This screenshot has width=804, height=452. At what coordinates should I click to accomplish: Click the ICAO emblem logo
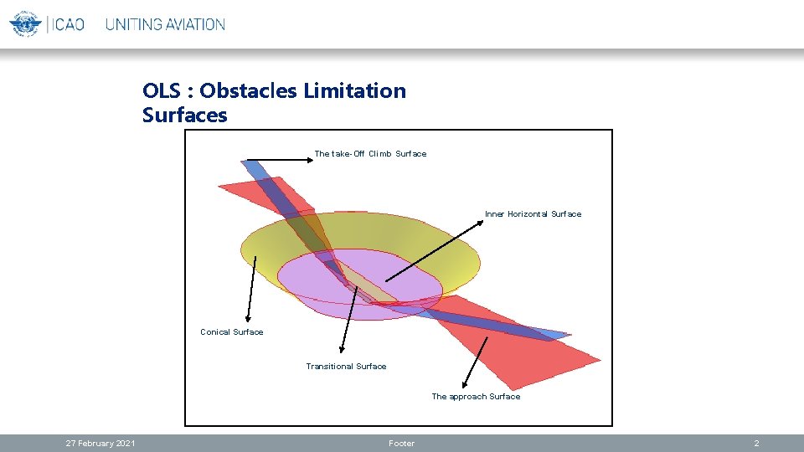[25, 23]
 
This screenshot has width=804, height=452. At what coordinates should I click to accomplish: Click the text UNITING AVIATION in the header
[165, 24]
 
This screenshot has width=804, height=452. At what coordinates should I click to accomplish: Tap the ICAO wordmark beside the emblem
[68, 24]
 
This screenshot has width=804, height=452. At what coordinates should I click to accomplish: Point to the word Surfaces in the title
[184, 115]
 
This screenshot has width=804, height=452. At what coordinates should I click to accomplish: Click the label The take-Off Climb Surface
[370, 154]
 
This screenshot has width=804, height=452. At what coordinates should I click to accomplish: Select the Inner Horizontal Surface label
[533, 214]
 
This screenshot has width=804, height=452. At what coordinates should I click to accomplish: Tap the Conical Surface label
[231, 332]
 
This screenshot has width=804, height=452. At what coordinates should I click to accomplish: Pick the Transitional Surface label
[346, 367]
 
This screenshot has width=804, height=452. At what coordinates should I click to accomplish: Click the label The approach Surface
[476, 397]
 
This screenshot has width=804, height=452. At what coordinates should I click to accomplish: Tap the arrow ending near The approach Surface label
[475, 362]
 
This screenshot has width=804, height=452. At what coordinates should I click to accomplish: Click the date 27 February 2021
[100, 444]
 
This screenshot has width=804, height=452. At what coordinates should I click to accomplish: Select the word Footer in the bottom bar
[401, 444]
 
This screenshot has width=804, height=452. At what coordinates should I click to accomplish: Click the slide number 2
[756, 444]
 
